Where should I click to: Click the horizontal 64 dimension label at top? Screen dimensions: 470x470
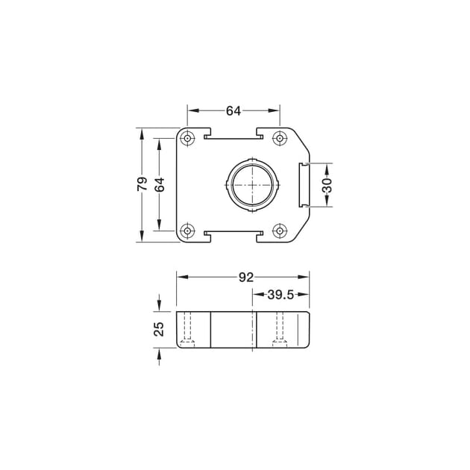234,111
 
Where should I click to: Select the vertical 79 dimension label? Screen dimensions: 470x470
142,184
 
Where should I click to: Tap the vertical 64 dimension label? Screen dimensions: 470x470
160,185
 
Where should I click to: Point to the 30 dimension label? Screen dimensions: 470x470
327,185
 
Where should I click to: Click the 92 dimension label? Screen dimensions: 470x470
246,278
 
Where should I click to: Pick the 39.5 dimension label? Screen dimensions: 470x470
281,295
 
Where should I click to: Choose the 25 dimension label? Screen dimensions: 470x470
159,329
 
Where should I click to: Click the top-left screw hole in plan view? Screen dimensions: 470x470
187,138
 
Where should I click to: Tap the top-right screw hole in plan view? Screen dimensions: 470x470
280,138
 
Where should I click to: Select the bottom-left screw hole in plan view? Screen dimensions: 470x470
187,231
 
